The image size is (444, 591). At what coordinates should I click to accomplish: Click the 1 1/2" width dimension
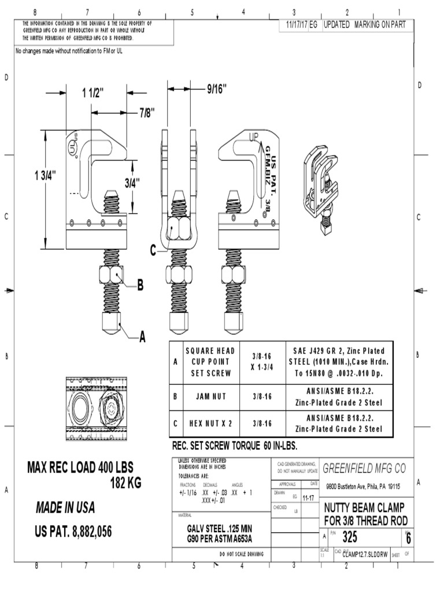92,92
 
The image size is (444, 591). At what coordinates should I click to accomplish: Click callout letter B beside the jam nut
140,285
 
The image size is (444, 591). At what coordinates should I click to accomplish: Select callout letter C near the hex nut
153,250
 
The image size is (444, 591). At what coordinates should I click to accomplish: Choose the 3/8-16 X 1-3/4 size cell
262,361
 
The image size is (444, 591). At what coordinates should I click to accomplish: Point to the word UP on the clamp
254,137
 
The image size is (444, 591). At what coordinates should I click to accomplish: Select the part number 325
351,537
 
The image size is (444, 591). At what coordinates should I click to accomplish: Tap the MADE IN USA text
65,508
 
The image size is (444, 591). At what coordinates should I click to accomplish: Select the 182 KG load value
125,483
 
